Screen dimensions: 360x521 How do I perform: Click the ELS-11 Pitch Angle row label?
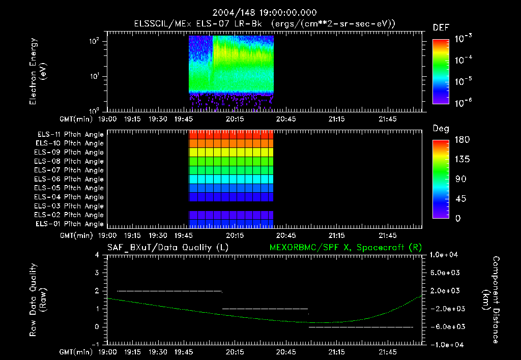(x=70, y=135)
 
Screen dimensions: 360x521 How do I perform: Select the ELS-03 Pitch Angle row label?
(x=70, y=206)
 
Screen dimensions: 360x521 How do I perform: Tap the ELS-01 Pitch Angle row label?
(x=70, y=224)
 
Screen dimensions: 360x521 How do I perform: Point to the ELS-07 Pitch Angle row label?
(x=70, y=170)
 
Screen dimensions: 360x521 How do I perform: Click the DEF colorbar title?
(x=441, y=27)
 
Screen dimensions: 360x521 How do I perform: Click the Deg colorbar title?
(x=441, y=129)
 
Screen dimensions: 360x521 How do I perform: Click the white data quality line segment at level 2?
(x=169, y=291)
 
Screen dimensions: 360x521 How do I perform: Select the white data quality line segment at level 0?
(x=361, y=327)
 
